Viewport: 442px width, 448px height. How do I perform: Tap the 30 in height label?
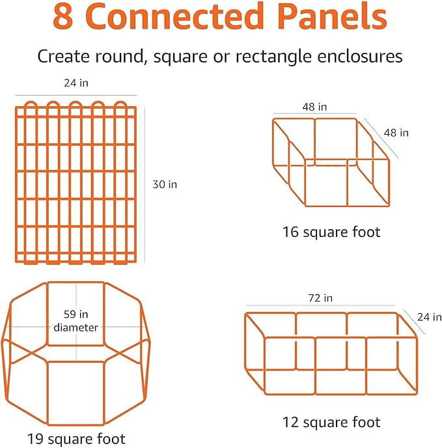pyautogui.click(x=164, y=184)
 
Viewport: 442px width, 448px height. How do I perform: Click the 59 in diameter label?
pyautogui.click(x=76, y=321)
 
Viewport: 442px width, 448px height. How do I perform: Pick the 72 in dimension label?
pyautogui.click(x=320, y=298)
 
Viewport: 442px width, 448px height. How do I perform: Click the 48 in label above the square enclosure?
pyautogui.click(x=314, y=107)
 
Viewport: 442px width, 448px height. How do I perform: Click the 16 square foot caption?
pyautogui.click(x=331, y=231)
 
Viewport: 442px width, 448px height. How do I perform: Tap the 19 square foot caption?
pyautogui.click(x=76, y=438)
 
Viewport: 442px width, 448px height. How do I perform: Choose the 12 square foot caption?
pyautogui.click(x=331, y=423)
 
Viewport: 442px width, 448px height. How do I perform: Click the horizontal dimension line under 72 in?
pyautogui.click(x=320, y=305)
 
